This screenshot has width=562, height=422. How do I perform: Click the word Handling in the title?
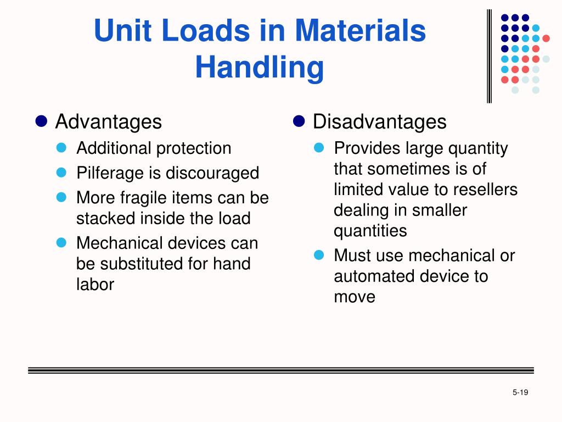(x=260, y=68)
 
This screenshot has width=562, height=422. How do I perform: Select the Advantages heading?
(x=108, y=121)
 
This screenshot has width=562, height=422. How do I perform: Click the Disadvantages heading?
(x=379, y=121)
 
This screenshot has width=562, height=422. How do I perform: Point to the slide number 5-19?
(x=520, y=392)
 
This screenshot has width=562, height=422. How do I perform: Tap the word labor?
(x=95, y=284)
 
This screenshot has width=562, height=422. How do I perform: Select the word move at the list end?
(x=355, y=297)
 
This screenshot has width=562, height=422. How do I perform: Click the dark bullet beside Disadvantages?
(x=299, y=121)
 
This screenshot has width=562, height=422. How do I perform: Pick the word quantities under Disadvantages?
(x=370, y=231)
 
